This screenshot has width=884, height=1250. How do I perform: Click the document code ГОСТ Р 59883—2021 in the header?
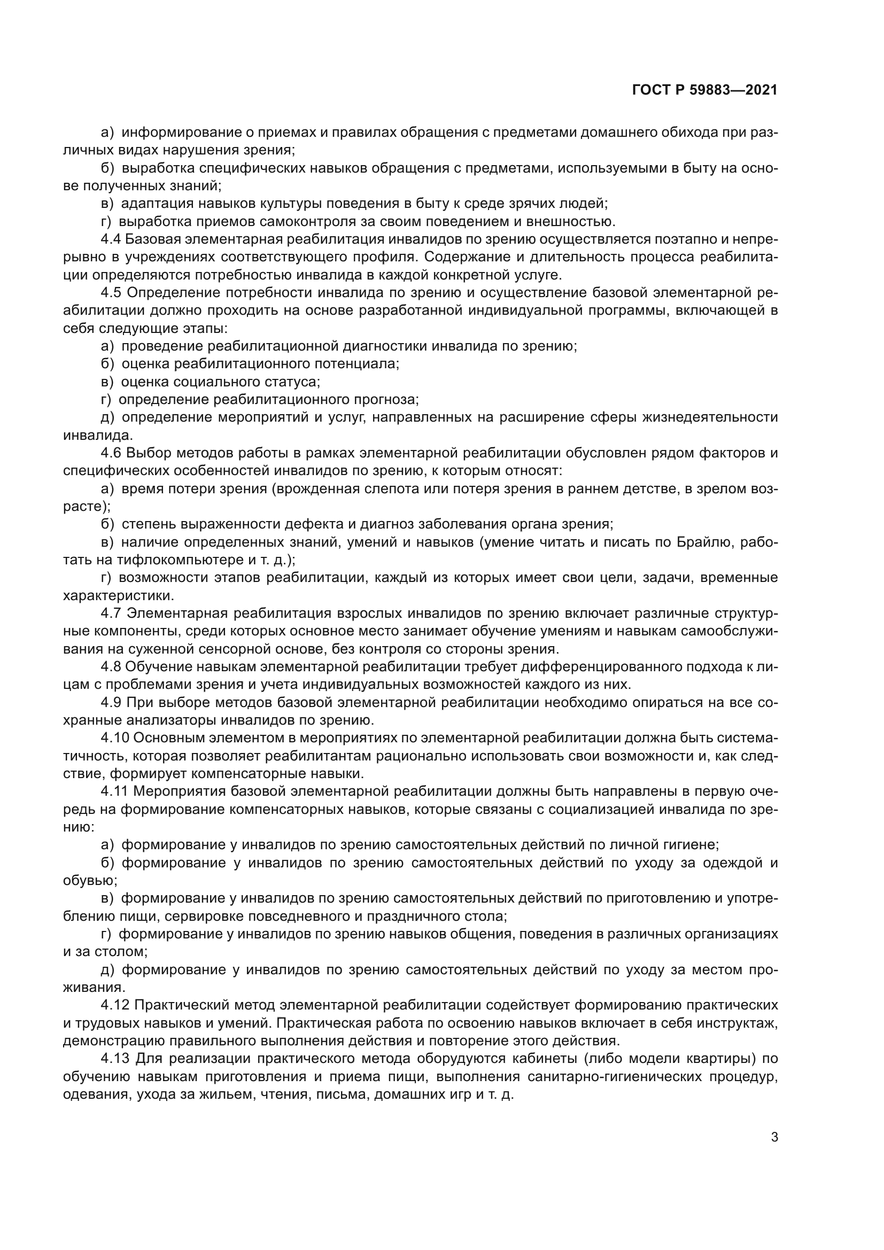click(704, 90)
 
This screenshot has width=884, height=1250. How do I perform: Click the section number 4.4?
click(111, 239)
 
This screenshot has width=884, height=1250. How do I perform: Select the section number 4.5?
click(111, 293)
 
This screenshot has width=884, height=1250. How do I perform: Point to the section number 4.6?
click(111, 453)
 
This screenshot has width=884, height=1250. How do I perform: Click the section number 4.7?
click(111, 613)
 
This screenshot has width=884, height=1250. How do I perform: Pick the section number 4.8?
click(111, 666)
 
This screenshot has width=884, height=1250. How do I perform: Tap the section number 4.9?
click(111, 702)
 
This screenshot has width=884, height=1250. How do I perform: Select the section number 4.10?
click(114, 737)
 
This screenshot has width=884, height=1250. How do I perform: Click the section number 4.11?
click(114, 791)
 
